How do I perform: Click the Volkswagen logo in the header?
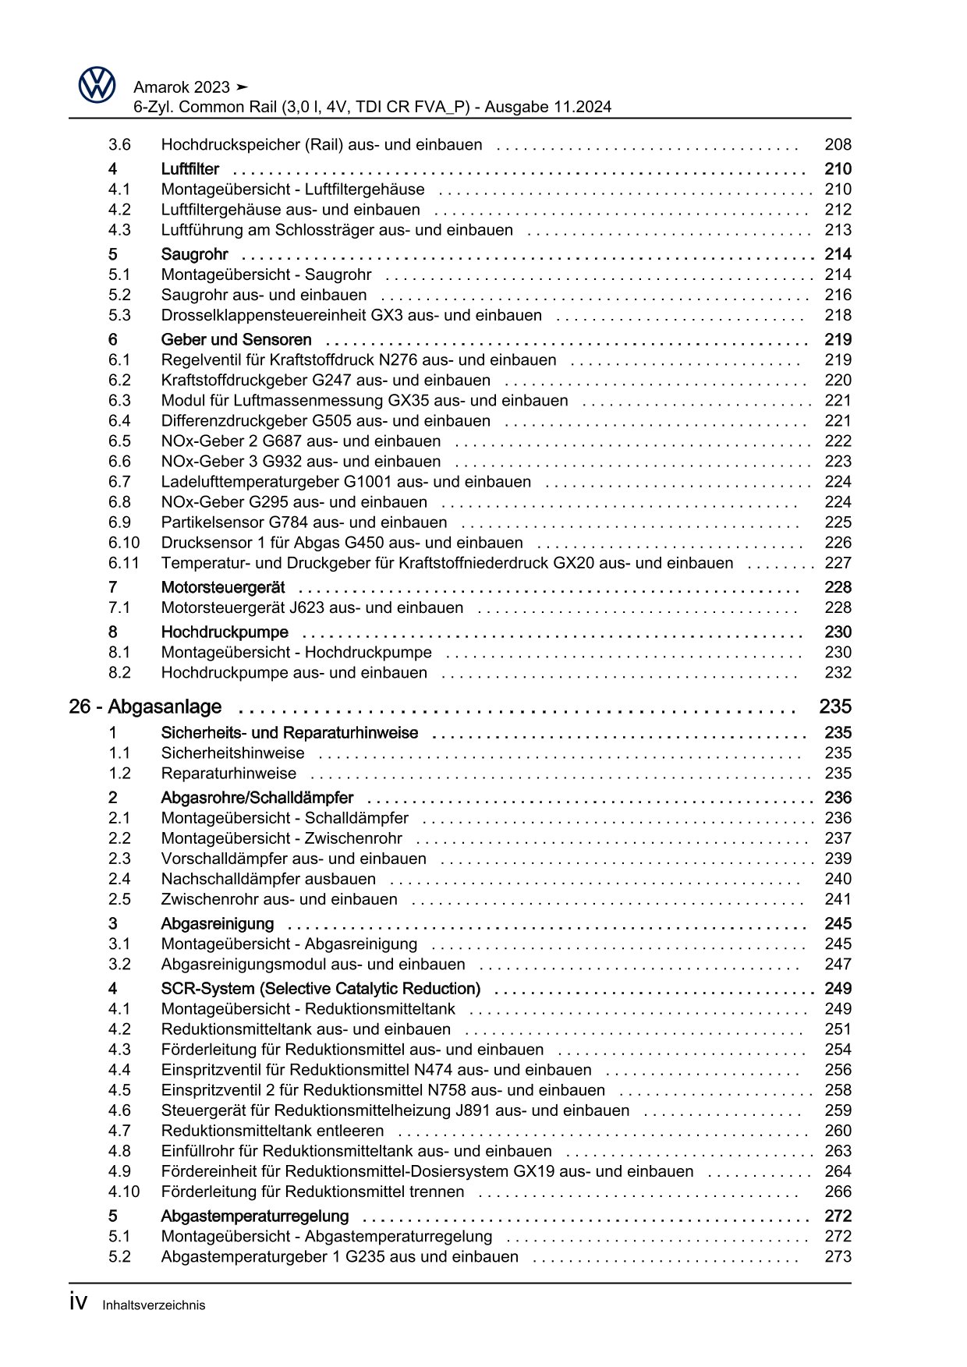pyautogui.click(x=97, y=85)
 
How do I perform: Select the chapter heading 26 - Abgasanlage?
pyautogui.click(x=145, y=707)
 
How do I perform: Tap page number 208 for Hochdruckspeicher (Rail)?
pyautogui.click(x=838, y=144)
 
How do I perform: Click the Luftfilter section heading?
pyautogui.click(x=190, y=168)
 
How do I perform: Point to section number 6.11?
pyautogui.click(x=124, y=563)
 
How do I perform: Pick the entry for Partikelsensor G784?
pyautogui.click(x=304, y=522)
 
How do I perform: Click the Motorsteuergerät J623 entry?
pyautogui.click(x=312, y=607)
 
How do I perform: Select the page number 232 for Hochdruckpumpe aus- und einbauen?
pyautogui.click(x=838, y=672)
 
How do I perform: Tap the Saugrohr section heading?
pyautogui.click(x=194, y=254)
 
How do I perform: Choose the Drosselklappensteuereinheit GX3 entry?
pyautogui.click(x=351, y=315)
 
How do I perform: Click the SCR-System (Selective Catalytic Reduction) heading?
pyautogui.click(x=321, y=989)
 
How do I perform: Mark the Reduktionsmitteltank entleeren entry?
pyautogui.click(x=272, y=1131)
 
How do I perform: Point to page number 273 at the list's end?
pyautogui.click(x=838, y=1256)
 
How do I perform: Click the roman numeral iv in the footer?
pyautogui.click(x=77, y=1303)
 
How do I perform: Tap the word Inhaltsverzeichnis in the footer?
pyautogui.click(x=154, y=1305)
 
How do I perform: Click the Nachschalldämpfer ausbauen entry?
pyautogui.click(x=268, y=879)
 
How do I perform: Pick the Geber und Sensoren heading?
pyautogui.click(x=236, y=340)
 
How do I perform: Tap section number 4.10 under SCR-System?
pyautogui.click(x=124, y=1192)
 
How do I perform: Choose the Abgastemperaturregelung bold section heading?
pyautogui.click(x=254, y=1216)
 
